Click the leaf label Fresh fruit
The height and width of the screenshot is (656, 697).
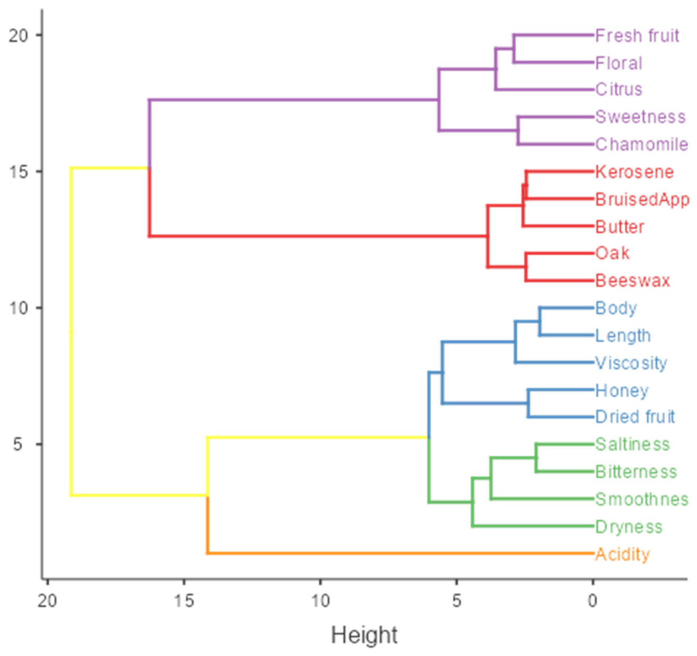(x=637, y=36)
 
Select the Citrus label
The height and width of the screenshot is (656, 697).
(x=618, y=89)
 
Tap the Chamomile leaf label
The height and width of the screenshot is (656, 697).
(x=641, y=144)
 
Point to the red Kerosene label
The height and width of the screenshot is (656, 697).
(x=634, y=172)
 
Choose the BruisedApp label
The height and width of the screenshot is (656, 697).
(x=642, y=199)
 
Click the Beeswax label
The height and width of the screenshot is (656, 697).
(x=632, y=280)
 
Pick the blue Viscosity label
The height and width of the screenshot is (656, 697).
(x=631, y=363)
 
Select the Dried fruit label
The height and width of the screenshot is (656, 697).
(x=635, y=417)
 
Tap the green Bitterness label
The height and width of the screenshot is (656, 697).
(x=636, y=472)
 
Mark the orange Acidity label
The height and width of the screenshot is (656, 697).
(x=622, y=554)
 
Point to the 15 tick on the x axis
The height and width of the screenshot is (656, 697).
(x=184, y=601)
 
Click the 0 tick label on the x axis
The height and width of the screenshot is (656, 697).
(x=593, y=601)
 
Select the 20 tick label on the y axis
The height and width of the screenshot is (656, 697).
(x=18, y=35)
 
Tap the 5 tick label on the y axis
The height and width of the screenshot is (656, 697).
(x=18, y=444)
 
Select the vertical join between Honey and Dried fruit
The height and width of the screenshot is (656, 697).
(x=528, y=403)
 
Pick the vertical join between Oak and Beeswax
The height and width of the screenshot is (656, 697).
(x=526, y=267)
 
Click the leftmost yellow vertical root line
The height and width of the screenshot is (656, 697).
(x=71, y=331)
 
